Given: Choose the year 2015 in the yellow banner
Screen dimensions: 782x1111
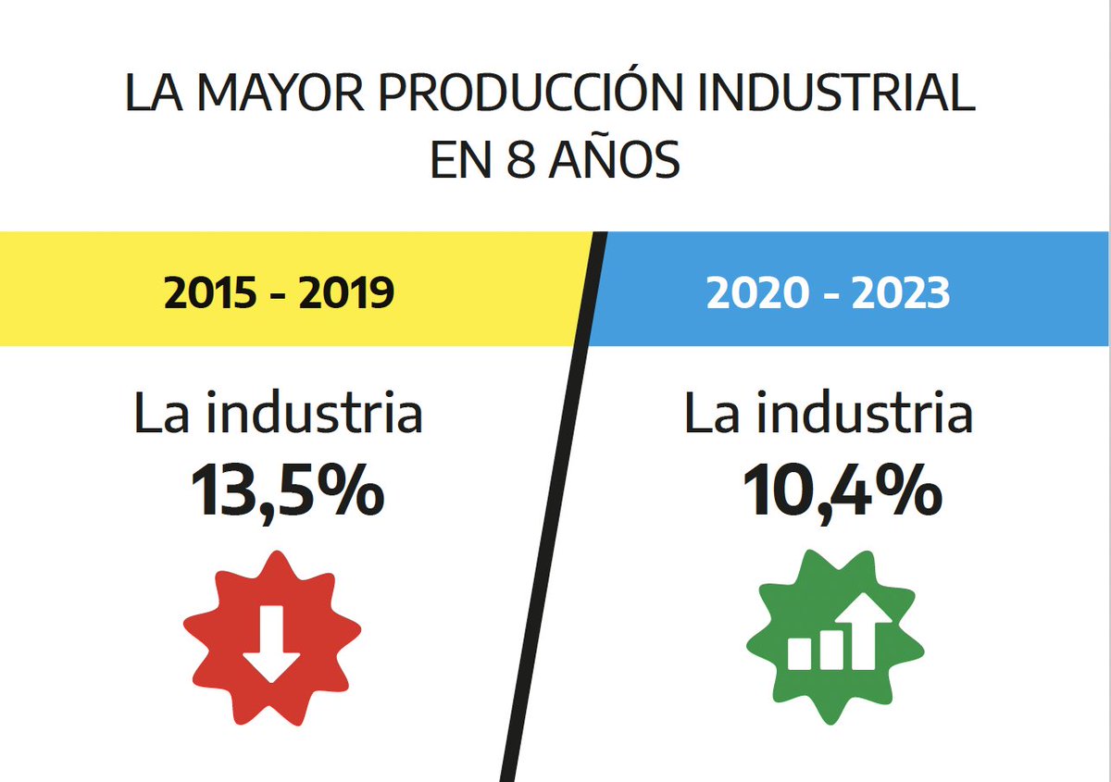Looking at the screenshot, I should point(209,292).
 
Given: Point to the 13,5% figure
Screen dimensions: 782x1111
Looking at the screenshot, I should point(287,492).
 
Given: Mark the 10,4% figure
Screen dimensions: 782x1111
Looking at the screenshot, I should point(841,492).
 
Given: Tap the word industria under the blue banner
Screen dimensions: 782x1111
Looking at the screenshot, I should point(865,414).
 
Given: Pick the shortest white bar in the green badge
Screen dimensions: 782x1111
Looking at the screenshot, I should point(798,653).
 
